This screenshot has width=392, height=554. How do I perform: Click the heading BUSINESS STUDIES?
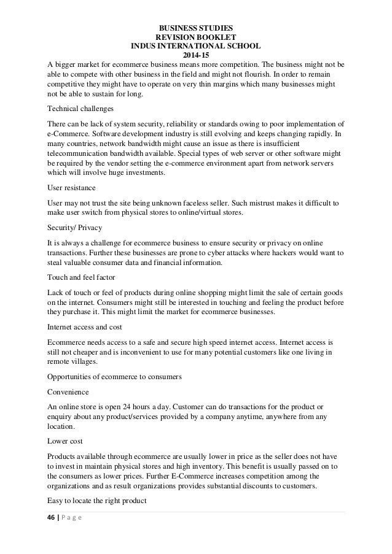pyautogui.click(x=196, y=28)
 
